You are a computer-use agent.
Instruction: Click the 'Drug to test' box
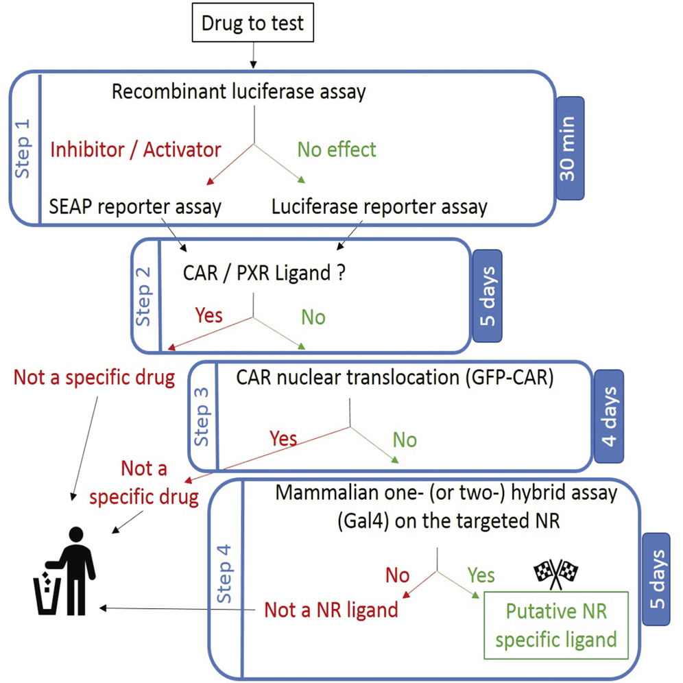[252, 25]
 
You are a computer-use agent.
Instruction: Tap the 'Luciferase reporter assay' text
[379, 206]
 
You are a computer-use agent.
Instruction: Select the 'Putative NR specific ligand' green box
[555, 625]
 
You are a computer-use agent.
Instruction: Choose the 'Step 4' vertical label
[227, 574]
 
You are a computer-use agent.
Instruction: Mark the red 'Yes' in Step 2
[208, 315]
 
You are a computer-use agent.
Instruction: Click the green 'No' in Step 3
[405, 440]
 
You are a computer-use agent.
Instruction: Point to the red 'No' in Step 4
[397, 575]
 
